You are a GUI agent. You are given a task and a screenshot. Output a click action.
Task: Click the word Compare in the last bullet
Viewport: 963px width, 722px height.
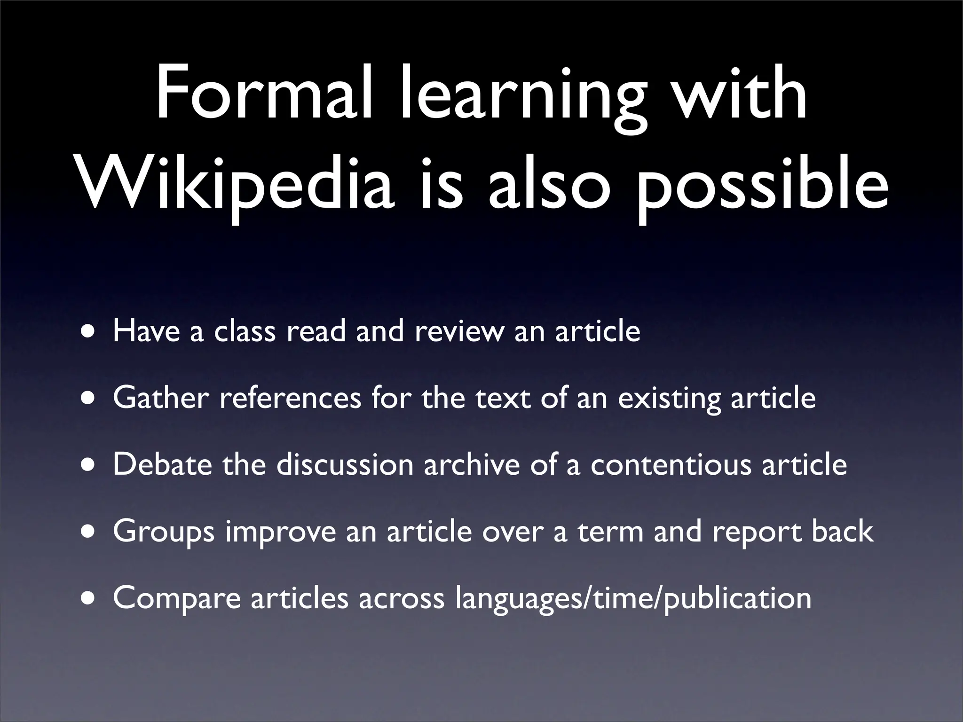point(177,599)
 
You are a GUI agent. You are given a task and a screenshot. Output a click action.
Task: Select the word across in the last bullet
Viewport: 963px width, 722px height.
point(402,598)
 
